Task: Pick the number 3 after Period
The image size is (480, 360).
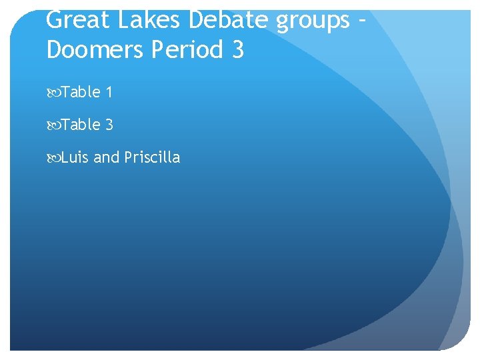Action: click(239, 49)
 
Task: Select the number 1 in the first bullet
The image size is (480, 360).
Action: click(109, 92)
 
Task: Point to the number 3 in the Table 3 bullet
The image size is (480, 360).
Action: click(109, 125)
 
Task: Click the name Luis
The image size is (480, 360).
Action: click(75, 157)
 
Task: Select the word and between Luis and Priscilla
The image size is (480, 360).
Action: click(106, 157)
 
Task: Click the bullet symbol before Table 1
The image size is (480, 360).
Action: click(53, 93)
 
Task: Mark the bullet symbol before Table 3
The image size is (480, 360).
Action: click(53, 125)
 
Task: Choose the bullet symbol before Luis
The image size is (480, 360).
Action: click(53, 158)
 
